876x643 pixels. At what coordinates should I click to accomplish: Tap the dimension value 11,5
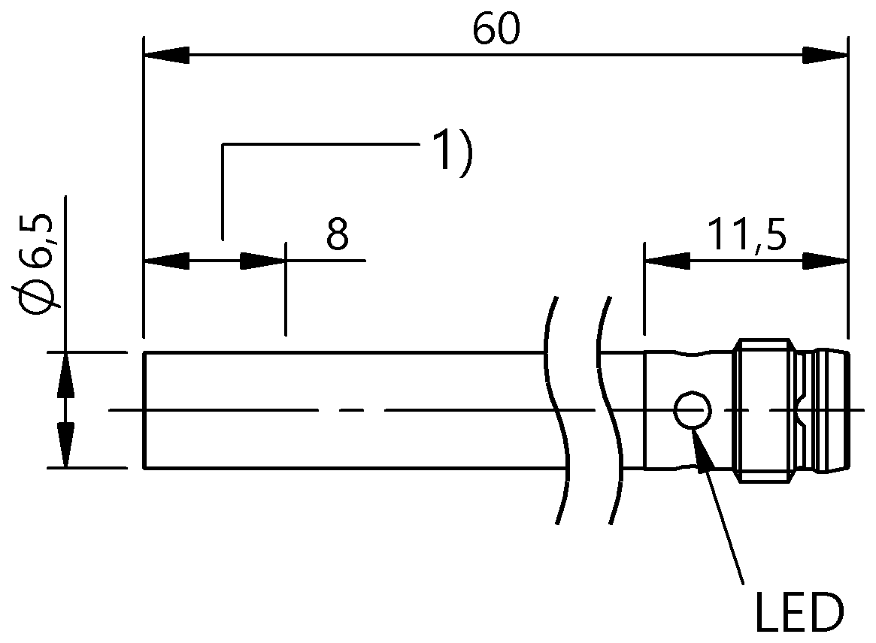pyautogui.click(x=747, y=235)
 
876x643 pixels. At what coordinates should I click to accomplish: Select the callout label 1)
pyautogui.click(x=452, y=152)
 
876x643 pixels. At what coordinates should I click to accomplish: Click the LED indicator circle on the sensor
pyautogui.click(x=693, y=410)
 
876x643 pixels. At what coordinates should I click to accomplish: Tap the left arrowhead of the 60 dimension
pyautogui.click(x=166, y=56)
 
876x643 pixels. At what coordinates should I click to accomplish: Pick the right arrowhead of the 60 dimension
pyautogui.click(x=825, y=56)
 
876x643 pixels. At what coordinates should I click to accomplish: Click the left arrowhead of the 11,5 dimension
pyautogui.click(x=667, y=261)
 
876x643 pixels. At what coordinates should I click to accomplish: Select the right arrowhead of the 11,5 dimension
pyautogui.click(x=825, y=261)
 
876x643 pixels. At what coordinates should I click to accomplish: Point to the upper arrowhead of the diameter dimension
pyautogui.click(x=66, y=375)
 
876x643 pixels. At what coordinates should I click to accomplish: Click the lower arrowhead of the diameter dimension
pyautogui.click(x=66, y=445)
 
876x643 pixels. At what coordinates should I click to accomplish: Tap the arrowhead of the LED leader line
pyautogui.click(x=704, y=447)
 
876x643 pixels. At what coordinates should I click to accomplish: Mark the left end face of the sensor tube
pyautogui.click(x=145, y=410)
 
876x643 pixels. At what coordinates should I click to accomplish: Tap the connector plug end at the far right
pyautogui.click(x=832, y=410)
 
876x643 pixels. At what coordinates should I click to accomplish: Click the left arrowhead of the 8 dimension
pyautogui.click(x=166, y=261)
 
